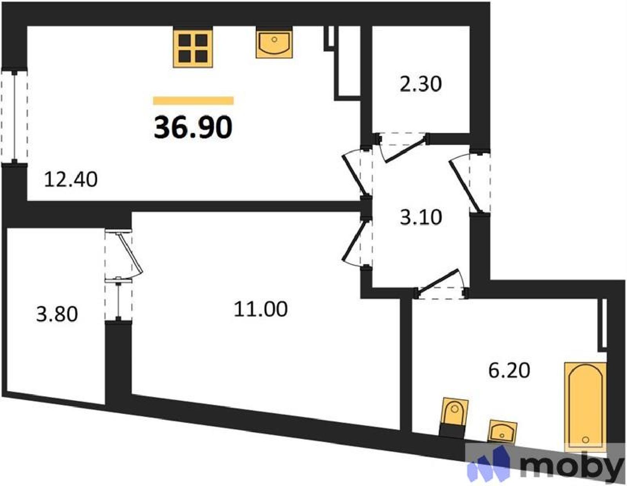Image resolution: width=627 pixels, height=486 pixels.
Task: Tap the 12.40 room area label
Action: pyautogui.click(x=71, y=180)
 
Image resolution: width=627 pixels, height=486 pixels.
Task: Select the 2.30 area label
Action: pyautogui.click(x=421, y=84)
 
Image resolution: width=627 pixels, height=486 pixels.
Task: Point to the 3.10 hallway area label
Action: pyautogui.click(x=421, y=217)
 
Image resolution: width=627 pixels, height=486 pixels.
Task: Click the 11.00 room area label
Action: pyautogui.click(x=261, y=309)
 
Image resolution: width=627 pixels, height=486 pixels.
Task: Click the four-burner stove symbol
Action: pyautogui.click(x=193, y=48)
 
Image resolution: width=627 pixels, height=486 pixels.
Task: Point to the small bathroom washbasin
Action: pyautogui.click(x=502, y=431)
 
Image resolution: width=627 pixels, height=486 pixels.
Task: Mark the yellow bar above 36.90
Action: pyautogui.click(x=193, y=100)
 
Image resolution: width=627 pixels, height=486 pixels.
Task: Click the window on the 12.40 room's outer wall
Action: pyautogui.click(x=14, y=116)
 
